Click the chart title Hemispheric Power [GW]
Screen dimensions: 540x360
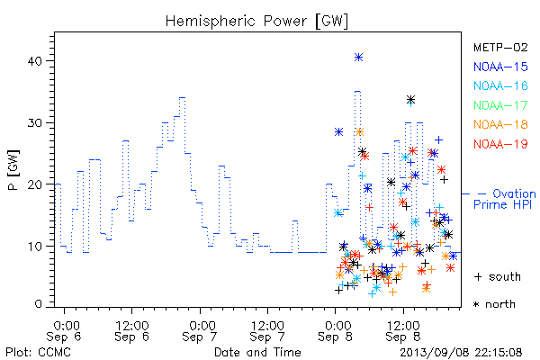click(256, 22)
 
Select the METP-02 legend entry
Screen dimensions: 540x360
click(500, 47)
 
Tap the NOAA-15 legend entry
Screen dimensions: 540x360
click(500, 67)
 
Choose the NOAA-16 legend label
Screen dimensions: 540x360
click(500, 85)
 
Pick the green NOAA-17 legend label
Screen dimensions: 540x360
click(500, 105)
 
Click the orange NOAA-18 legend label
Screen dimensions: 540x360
click(500, 124)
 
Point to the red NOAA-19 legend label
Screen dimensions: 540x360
click(500, 144)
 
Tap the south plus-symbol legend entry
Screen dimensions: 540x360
click(498, 276)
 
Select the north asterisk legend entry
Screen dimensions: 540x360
click(494, 304)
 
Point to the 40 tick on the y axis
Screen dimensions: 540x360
click(34, 61)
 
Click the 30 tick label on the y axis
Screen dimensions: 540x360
click(34, 123)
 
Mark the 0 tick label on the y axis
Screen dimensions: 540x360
click(38, 304)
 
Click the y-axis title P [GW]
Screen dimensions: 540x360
click(13, 170)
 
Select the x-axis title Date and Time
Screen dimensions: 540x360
click(257, 352)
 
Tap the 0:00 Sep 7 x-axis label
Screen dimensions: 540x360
click(200, 331)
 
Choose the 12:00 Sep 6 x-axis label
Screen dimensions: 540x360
click(132, 331)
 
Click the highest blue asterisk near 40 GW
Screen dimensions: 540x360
click(358, 58)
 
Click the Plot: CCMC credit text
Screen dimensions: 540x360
click(38, 352)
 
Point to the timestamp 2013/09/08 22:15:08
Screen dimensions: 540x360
click(461, 353)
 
